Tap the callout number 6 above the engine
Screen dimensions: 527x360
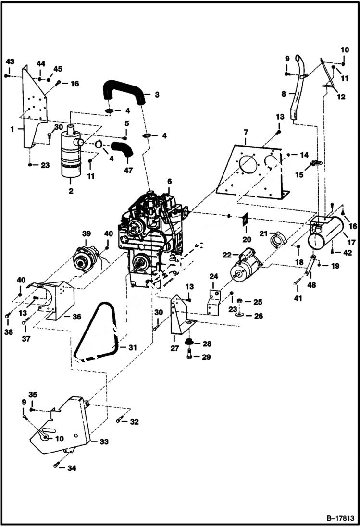click(169, 181)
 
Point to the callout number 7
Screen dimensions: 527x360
click(246, 131)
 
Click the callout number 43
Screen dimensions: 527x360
click(10, 61)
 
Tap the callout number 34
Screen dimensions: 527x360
click(72, 468)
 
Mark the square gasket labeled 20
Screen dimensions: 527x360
click(246, 219)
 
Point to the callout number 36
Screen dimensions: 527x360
click(77, 317)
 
